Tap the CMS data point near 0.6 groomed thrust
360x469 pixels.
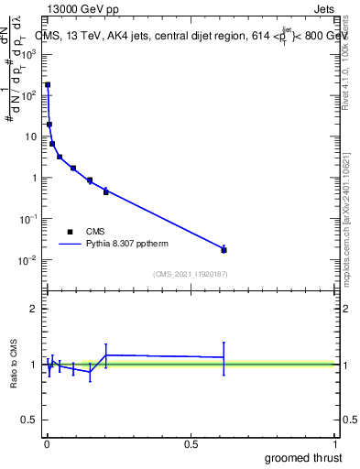(x=224, y=249)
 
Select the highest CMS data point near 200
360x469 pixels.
(x=48, y=84)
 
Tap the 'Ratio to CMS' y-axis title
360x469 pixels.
(x=16, y=362)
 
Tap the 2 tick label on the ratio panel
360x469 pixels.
(x=34, y=309)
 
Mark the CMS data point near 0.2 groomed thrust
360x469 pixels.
(x=106, y=191)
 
